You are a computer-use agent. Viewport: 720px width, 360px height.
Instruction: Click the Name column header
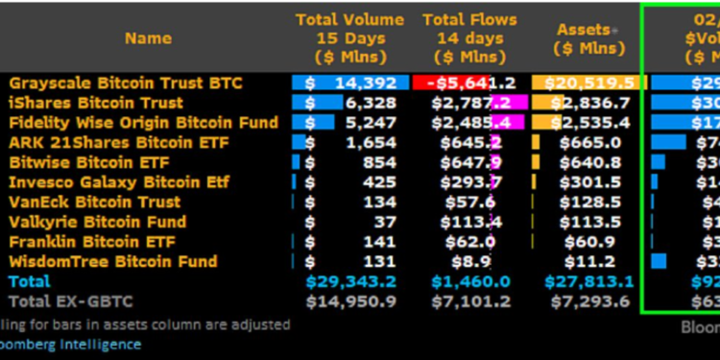[148, 38]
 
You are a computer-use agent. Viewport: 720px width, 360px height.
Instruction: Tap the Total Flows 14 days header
[470, 38]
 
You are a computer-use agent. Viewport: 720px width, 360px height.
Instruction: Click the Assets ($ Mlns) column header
[585, 38]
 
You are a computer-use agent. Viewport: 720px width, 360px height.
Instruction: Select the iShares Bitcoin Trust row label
[96, 103]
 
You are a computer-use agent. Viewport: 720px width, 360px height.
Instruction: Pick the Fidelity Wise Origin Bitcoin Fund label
[143, 123]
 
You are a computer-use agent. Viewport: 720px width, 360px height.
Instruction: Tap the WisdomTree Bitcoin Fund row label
[112, 261]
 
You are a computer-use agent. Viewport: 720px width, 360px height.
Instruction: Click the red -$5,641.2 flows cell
[469, 83]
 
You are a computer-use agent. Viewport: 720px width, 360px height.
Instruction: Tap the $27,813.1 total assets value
[589, 281]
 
